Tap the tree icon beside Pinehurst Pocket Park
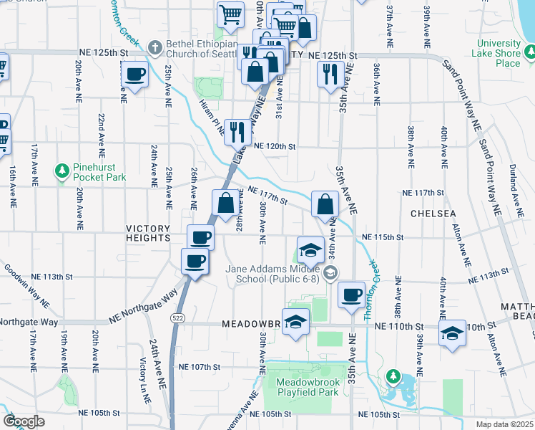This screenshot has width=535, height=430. [x=62, y=171]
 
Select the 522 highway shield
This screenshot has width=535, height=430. [x=176, y=316]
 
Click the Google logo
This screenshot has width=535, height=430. [x=24, y=421]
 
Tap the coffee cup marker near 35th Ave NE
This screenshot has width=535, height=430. [x=350, y=295]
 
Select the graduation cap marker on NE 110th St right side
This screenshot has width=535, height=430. [x=451, y=333]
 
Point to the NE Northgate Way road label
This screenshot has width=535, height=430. [x=143, y=307]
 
